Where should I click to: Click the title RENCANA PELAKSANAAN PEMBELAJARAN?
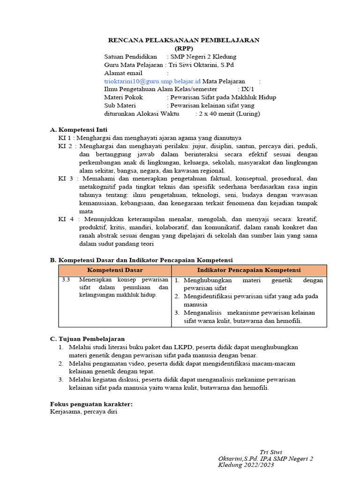(x=183, y=40)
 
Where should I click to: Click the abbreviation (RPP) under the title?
(x=183, y=48)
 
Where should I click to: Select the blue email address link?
(x=152, y=81)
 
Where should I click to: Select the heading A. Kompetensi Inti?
(x=79, y=129)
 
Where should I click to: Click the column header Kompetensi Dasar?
(x=115, y=270)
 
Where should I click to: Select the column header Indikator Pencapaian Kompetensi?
(x=249, y=270)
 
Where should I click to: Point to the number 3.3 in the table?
(x=66, y=280)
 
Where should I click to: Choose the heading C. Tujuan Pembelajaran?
(x=88, y=338)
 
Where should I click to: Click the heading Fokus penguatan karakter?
(x=91, y=404)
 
